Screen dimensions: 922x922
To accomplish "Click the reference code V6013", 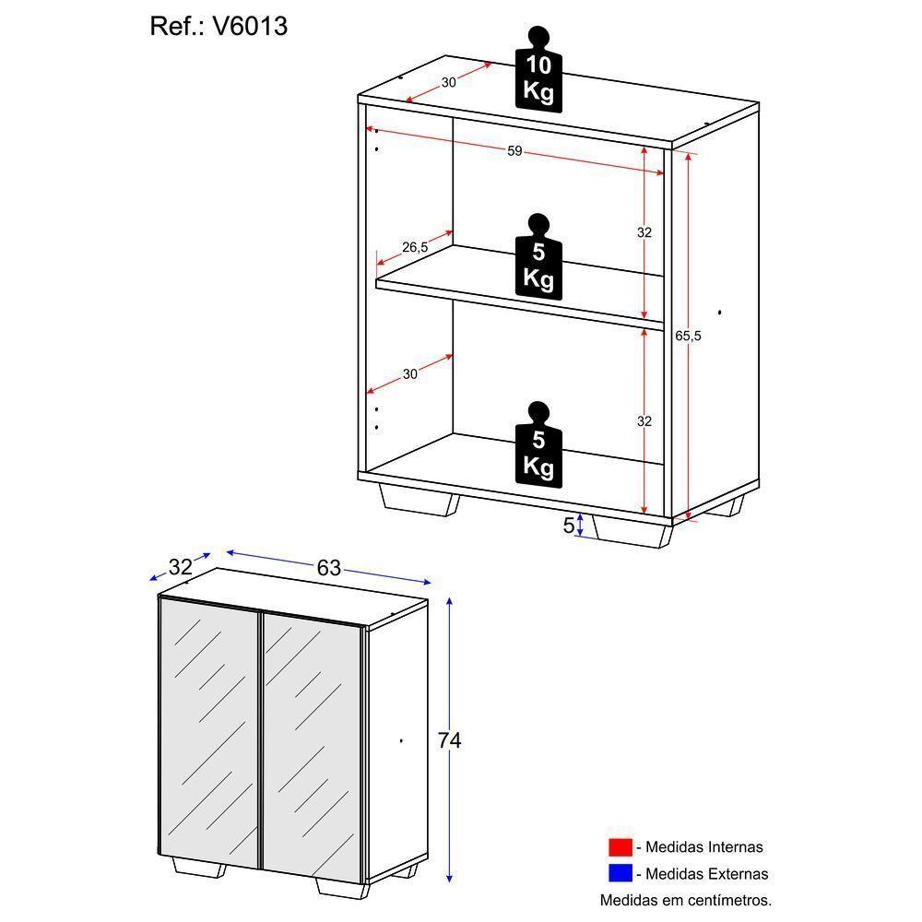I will coord(250,27).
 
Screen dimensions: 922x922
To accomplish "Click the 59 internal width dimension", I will coord(514,151).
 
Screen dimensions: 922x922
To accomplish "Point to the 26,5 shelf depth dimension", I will coord(415,246).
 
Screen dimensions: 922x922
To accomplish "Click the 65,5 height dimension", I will coord(688,336).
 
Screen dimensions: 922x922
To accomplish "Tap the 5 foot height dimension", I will coord(568,525).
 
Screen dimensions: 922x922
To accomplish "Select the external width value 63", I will coord(329,568).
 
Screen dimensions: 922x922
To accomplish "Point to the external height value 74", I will coord(449,740).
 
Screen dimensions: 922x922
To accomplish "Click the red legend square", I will coord(620,846).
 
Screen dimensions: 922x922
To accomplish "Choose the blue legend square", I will coord(620,872).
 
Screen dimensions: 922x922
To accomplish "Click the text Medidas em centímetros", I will coord(685,899).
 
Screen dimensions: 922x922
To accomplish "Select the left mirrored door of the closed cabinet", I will coord(208,733).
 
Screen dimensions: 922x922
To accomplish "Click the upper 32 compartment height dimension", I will coord(644,232).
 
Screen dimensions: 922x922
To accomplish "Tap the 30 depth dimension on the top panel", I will coord(448,82).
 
